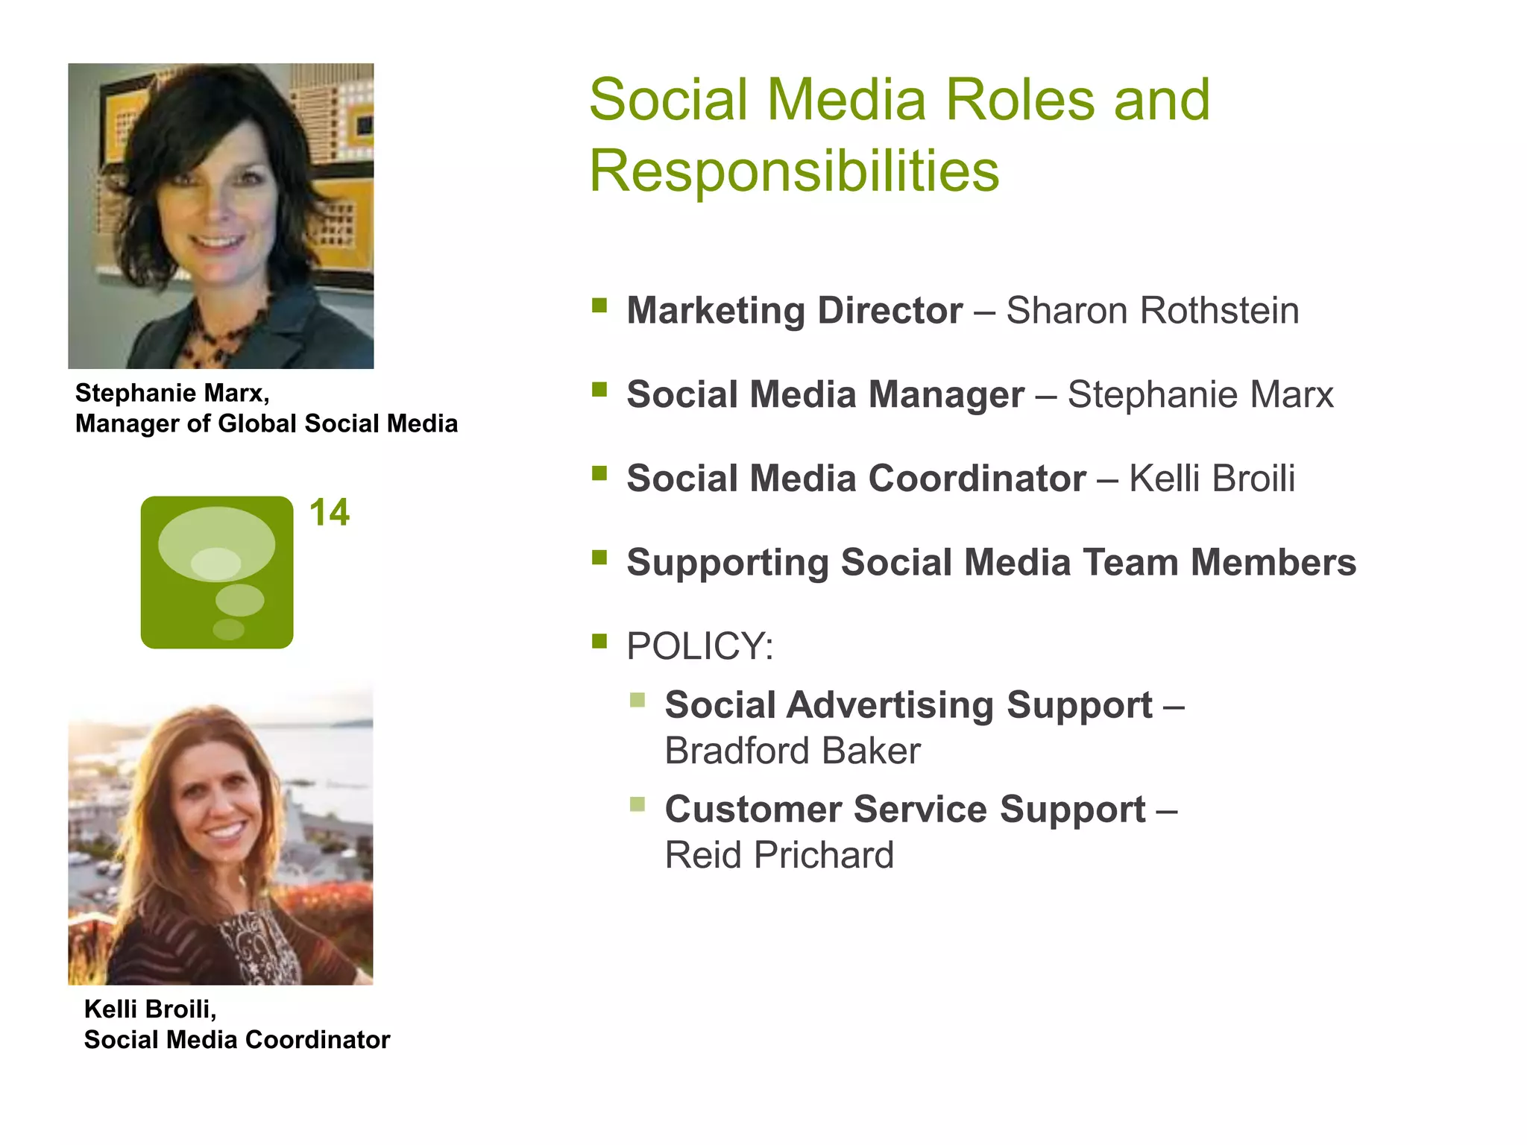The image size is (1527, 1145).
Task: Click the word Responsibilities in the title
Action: pos(793,171)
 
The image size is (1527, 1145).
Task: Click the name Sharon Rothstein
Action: pos(1152,311)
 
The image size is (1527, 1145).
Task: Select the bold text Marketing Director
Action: pos(794,311)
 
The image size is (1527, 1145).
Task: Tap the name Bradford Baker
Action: pos(792,751)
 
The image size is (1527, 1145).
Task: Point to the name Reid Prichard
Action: pos(778,855)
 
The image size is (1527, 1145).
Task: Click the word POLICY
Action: pos(699,646)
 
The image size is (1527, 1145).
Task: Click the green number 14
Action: pos(329,513)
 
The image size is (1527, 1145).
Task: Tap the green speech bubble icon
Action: pos(217,572)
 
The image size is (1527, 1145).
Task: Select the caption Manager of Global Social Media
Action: pos(266,424)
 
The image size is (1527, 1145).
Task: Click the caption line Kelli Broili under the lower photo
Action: pos(150,1009)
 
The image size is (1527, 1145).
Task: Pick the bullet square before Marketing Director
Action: pos(599,305)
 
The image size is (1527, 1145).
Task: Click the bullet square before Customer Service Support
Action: pos(637,804)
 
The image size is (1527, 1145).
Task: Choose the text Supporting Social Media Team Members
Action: pos(991,563)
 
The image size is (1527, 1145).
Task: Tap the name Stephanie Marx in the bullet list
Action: pos(1200,395)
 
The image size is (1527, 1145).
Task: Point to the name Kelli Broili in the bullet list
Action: pos(1212,479)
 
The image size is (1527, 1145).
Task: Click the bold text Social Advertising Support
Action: pos(908,705)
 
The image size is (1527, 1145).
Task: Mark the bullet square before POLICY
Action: pos(599,640)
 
